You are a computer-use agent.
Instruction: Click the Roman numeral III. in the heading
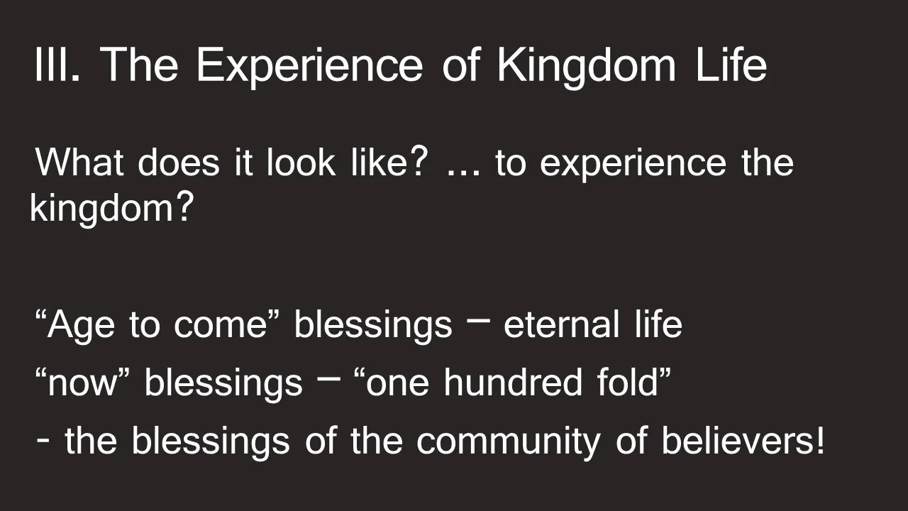pyautogui.click(x=57, y=65)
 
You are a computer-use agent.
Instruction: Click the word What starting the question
pyautogui.click(x=79, y=163)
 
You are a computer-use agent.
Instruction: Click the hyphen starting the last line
pyautogui.click(x=44, y=441)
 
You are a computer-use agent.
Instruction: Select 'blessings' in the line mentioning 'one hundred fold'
pyautogui.click(x=223, y=385)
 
